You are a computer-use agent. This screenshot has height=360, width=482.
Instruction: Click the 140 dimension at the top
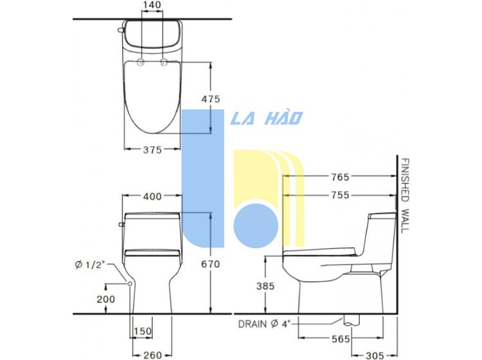(x=152, y=5)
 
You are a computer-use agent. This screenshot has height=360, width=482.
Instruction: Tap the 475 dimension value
(x=211, y=99)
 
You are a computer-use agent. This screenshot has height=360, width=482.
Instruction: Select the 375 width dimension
(x=152, y=150)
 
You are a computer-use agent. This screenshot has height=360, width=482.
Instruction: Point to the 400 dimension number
(x=152, y=196)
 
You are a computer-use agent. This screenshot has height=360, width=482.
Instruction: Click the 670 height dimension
(x=211, y=264)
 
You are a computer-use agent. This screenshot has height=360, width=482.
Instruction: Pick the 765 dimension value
(x=340, y=177)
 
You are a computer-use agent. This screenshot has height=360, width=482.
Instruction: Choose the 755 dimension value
(x=340, y=195)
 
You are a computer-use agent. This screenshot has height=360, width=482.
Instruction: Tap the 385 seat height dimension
(x=265, y=286)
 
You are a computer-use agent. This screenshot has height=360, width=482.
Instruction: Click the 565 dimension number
(x=341, y=339)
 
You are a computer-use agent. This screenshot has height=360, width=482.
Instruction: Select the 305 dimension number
(x=375, y=355)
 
